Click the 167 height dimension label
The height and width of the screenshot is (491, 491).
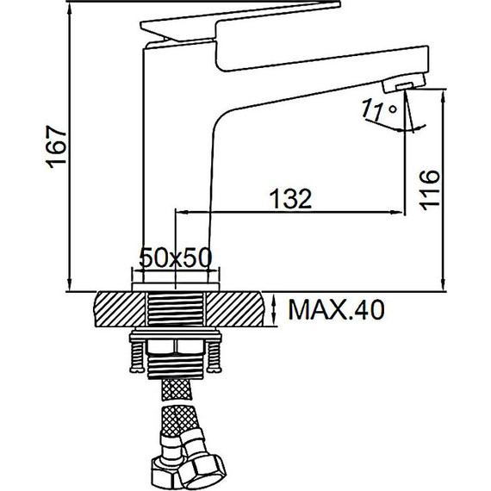(x=57, y=146)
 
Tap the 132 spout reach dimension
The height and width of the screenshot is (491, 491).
(x=290, y=198)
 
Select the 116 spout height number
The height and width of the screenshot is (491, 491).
(x=429, y=190)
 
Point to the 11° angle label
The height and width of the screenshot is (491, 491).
(x=379, y=110)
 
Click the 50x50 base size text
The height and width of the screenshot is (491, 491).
(x=176, y=258)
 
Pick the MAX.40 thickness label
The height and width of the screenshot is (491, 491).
(x=336, y=310)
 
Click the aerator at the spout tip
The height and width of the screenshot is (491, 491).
(x=404, y=83)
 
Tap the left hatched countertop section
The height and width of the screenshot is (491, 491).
(x=121, y=309)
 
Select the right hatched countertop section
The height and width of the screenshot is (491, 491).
(x=234, y=309)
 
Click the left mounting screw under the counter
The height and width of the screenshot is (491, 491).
(x=137, y=357)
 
